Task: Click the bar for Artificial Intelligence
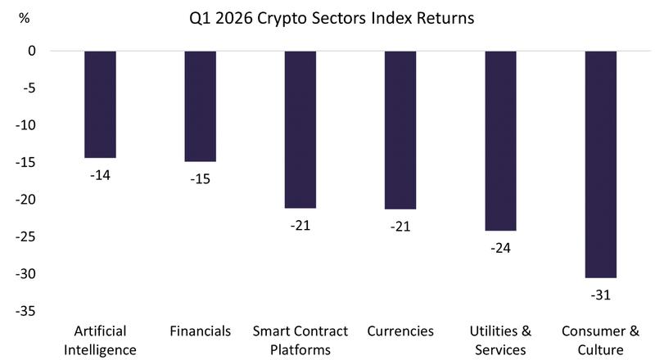100,104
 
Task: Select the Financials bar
200,106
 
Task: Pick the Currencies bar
400,130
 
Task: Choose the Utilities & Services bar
500,141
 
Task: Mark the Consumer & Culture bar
601,164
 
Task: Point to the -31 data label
601,294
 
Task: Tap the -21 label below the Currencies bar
400,225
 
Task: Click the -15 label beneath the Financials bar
200,178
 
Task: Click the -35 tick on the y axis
27,311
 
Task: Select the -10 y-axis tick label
27,125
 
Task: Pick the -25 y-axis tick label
27,236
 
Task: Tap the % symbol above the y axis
24,18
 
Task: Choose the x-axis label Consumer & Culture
601,340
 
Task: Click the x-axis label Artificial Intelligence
100,340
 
